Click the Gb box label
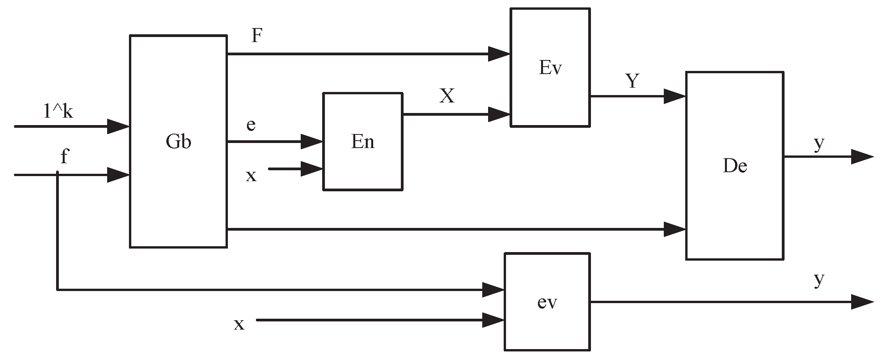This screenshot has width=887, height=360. tap(178, 142)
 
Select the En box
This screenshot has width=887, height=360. tap(363, 141)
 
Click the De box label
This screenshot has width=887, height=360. tap(735, 166)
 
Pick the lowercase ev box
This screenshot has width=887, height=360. tap(547, 302)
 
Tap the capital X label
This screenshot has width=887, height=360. tap(447, 96)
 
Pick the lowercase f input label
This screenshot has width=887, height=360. tap(64, 157)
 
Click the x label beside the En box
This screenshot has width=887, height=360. tap(251, 176)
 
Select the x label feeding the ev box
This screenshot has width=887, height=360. tap(239, 324)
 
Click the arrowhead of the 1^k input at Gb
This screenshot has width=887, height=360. tap(118, 127)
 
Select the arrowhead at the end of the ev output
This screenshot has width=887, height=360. tap(862, 302)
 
